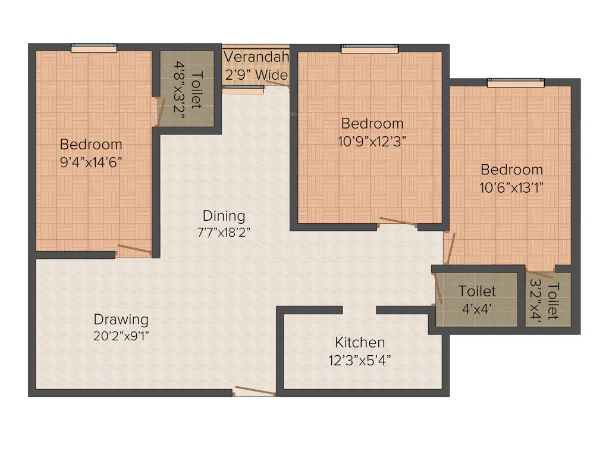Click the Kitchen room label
(x=360, y=343)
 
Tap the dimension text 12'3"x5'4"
(x=360, y=360)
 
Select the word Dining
(x=224, y=215)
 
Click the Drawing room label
(x=121, y=320)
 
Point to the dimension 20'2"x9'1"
(x=121, y=336)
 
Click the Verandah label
(x=256, y=58)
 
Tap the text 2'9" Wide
(x=256, y=76)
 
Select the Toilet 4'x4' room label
(x=477, y=292)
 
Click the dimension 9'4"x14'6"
(x=91, y=162)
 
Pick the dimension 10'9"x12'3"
(x=372, y=141)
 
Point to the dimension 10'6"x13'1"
(x=511, y=187)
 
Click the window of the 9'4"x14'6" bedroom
(x=94, y=49)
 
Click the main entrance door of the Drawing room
(x=255, y=391)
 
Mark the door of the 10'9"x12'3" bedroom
(x=397, y=223)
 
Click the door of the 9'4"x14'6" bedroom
(x=134, y=249)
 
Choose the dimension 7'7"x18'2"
(x=224, y=233)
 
